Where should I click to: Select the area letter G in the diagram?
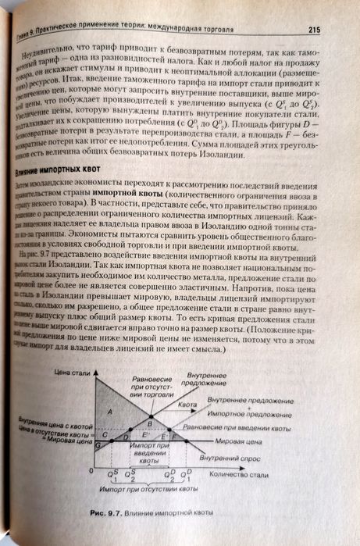[x=98, y=444]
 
